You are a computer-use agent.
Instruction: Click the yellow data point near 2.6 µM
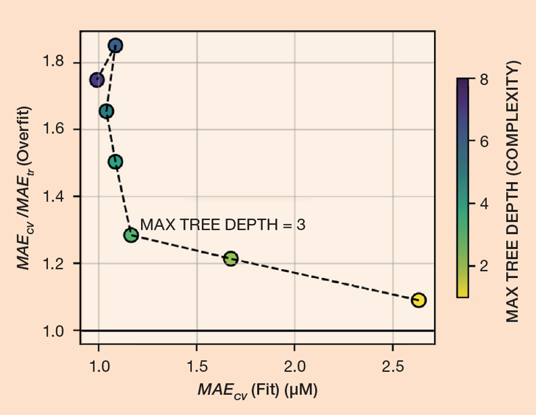(418, 300)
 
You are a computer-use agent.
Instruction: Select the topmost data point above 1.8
(115, 45)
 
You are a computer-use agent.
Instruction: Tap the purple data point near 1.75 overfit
(97, 80)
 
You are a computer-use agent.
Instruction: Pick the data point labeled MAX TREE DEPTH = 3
(131, 235)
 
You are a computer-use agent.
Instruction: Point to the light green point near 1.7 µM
(231, 259)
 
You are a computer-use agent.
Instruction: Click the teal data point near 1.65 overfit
(107, 111)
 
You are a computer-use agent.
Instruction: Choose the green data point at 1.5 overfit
(115, 162)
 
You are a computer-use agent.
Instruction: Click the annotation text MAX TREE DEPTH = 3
(223, 224)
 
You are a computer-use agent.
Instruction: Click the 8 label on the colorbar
(483, 79)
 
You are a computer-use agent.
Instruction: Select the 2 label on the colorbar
(483, 265)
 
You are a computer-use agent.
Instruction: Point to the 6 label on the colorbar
(483, 141)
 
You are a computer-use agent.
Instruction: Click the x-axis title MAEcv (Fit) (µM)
(257, 390)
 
